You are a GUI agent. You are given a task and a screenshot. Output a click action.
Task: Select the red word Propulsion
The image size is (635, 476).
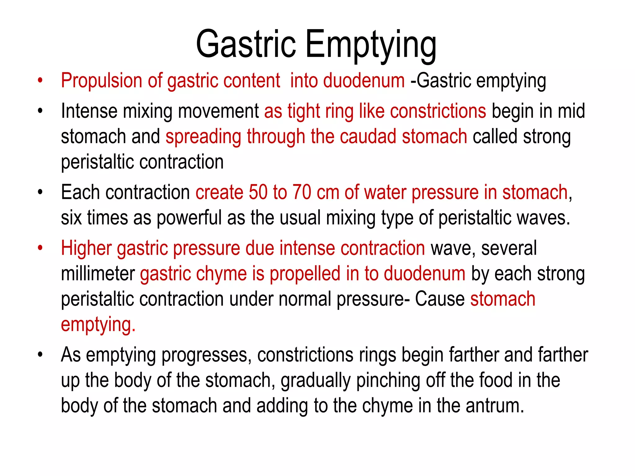point(101,81)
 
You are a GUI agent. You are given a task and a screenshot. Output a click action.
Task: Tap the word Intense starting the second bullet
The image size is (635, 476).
point(89,111)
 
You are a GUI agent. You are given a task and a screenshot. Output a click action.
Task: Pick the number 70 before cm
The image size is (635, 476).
point(302,192)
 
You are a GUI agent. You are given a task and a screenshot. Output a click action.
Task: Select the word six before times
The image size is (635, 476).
point(71,218)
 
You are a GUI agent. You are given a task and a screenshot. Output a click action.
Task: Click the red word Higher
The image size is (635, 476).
point(86,248)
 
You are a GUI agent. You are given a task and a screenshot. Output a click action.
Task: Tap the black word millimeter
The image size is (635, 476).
point(98,274)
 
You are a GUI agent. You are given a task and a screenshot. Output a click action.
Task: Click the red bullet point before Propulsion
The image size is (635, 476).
point(40,81)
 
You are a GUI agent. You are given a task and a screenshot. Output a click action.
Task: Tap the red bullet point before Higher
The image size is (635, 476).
point(40,248)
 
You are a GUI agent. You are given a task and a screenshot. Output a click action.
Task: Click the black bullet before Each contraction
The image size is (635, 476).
point(40,192)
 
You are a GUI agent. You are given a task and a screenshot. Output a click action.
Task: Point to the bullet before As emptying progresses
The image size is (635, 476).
point(40,355)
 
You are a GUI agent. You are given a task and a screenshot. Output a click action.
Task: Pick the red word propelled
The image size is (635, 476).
point(305,274)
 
